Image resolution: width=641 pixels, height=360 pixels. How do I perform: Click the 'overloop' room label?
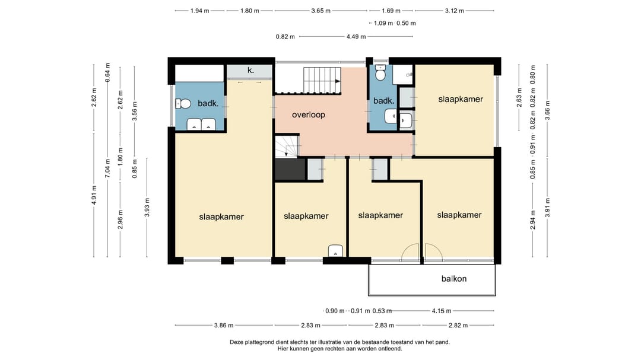point(308,115)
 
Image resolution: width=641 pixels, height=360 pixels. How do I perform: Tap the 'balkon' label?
point(454,279)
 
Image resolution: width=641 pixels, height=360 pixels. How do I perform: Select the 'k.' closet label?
point(250,71)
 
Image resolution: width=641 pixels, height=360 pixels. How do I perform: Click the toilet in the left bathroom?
point(183,104)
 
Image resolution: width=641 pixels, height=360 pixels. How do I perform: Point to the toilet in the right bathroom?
point(380,74)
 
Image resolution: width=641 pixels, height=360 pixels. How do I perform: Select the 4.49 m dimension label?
point(356,37)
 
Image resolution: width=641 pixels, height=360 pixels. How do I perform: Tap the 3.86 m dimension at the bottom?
point(224,325)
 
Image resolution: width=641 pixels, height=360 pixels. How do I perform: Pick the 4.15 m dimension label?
point(442,311)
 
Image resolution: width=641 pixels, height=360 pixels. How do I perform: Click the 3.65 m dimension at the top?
point(320,11)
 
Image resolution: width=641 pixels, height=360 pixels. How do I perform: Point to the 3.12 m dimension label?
point(454,11)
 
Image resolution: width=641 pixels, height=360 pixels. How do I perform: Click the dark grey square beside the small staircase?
point(290,169)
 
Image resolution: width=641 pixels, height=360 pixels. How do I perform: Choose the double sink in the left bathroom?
point(201,124)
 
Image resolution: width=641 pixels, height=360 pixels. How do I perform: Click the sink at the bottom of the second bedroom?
point(335,250)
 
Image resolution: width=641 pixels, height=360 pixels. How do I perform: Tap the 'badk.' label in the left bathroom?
point(208,103)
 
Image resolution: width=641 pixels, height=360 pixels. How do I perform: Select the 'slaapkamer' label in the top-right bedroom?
point(461,99)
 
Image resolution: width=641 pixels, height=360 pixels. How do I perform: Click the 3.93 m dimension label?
point(147,207)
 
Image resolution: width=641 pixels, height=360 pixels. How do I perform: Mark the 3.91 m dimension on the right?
point(547,207)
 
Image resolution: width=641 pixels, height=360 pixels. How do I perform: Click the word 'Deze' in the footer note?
point(237,342)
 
